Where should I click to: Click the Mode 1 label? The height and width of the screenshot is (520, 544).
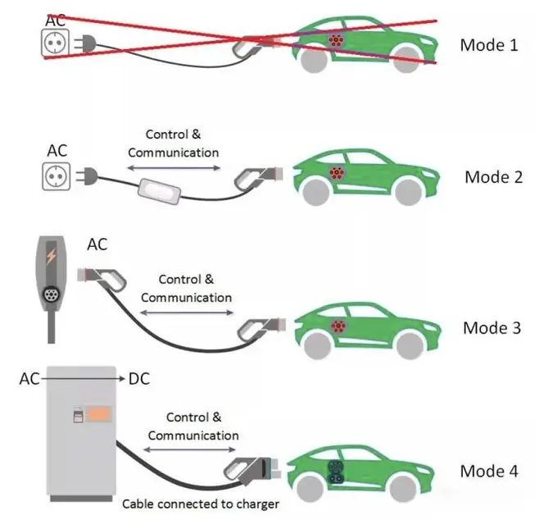pos(488,44)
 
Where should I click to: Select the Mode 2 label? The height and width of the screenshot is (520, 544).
pos(493,176)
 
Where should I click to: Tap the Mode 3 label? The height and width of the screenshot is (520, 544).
pos(492,328)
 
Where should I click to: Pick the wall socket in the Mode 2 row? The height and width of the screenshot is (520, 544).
pos(55,174)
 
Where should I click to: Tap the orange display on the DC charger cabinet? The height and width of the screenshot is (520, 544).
pos(100,414)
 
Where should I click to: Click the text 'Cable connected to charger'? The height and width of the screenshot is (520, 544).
pos(201,503)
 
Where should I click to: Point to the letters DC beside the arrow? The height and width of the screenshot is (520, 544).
pos(138,379)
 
